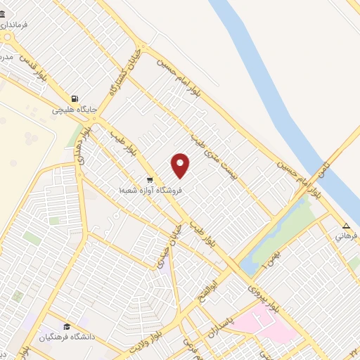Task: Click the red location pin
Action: click(181, 165)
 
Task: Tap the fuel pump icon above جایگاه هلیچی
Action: click(74, 98)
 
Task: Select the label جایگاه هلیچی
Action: click(73, 110)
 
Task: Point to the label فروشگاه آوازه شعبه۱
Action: click(150, 190)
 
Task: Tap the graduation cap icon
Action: click(67, 327)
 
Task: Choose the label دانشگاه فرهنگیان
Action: click(67, 338)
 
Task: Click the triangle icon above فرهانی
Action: click(345, 226)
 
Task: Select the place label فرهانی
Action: click(346, 237)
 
